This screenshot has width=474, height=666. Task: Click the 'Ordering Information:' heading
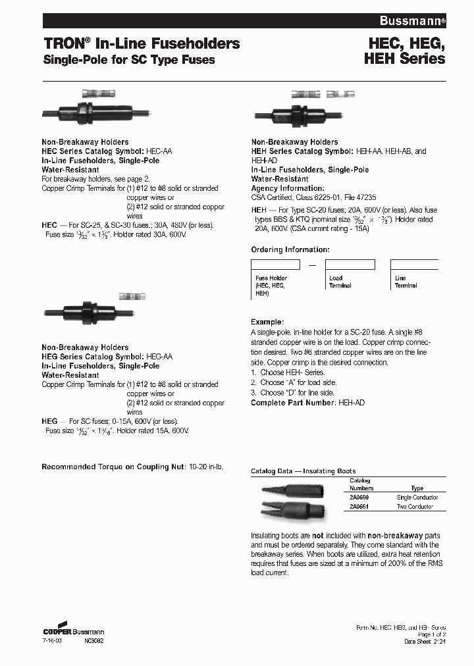point(290,250)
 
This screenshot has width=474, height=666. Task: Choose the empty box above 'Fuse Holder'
point(276,265)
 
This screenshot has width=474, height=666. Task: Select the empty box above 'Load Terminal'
point(351,265)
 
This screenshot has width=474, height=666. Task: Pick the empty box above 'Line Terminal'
point(414,265)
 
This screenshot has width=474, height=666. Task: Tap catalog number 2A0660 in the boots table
point(359,498)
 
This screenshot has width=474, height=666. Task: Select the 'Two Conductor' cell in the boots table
point(415,507)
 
